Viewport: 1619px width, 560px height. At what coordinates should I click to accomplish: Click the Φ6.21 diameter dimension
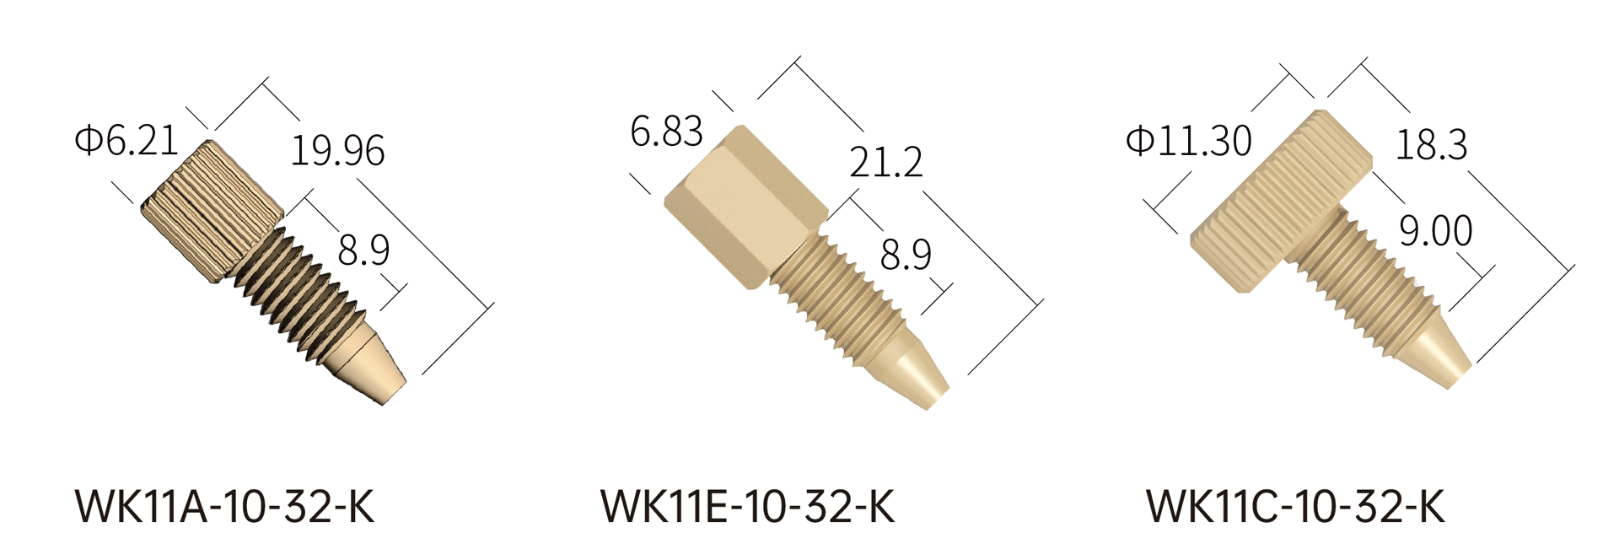[126, 140]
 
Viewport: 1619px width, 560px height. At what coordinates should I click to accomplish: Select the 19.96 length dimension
[337, 151]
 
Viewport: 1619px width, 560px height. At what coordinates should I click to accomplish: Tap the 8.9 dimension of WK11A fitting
[363, 250]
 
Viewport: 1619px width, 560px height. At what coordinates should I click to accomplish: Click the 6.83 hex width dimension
[666, 132]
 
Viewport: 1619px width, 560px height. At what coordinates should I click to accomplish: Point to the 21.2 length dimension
[885, 161]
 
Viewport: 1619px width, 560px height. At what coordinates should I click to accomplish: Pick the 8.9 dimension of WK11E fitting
[906, 254]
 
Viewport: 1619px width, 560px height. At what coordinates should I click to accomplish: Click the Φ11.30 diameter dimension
[1189, 141]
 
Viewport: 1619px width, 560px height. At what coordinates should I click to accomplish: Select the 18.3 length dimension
[1431, 144]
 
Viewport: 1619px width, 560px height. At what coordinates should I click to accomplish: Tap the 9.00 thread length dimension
[1435, 230]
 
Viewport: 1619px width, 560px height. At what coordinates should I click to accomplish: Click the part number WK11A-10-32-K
[224, 507]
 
